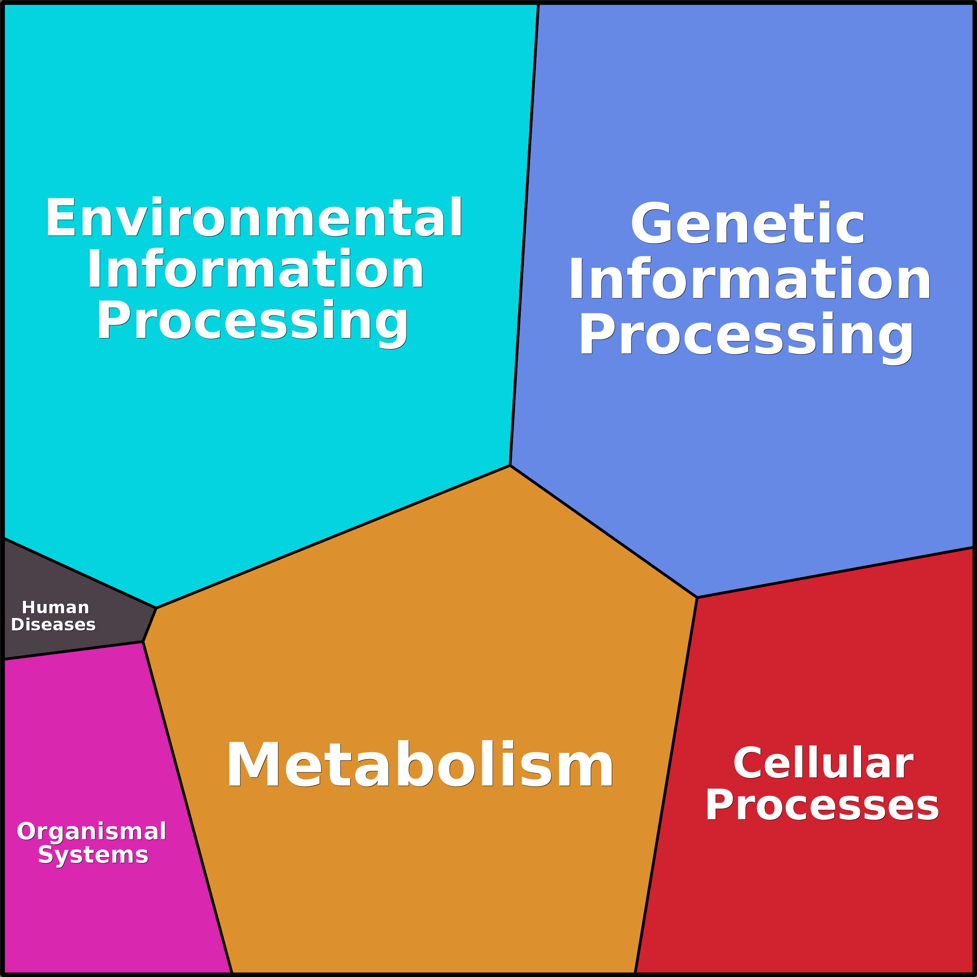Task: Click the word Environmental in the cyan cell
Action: [254, 217]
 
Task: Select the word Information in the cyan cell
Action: [256, 269]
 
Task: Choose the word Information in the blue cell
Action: [749, 279]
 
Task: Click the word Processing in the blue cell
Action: [746, 335]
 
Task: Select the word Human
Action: [56, 608]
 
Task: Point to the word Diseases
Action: [54, 625]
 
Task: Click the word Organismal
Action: [91, 832]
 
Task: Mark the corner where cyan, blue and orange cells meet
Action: [510, 465]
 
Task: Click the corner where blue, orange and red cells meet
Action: [697, 598]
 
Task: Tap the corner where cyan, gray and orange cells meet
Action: [156, 608]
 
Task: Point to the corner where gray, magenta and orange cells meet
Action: [143, 642]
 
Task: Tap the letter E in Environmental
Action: [60, 217]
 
